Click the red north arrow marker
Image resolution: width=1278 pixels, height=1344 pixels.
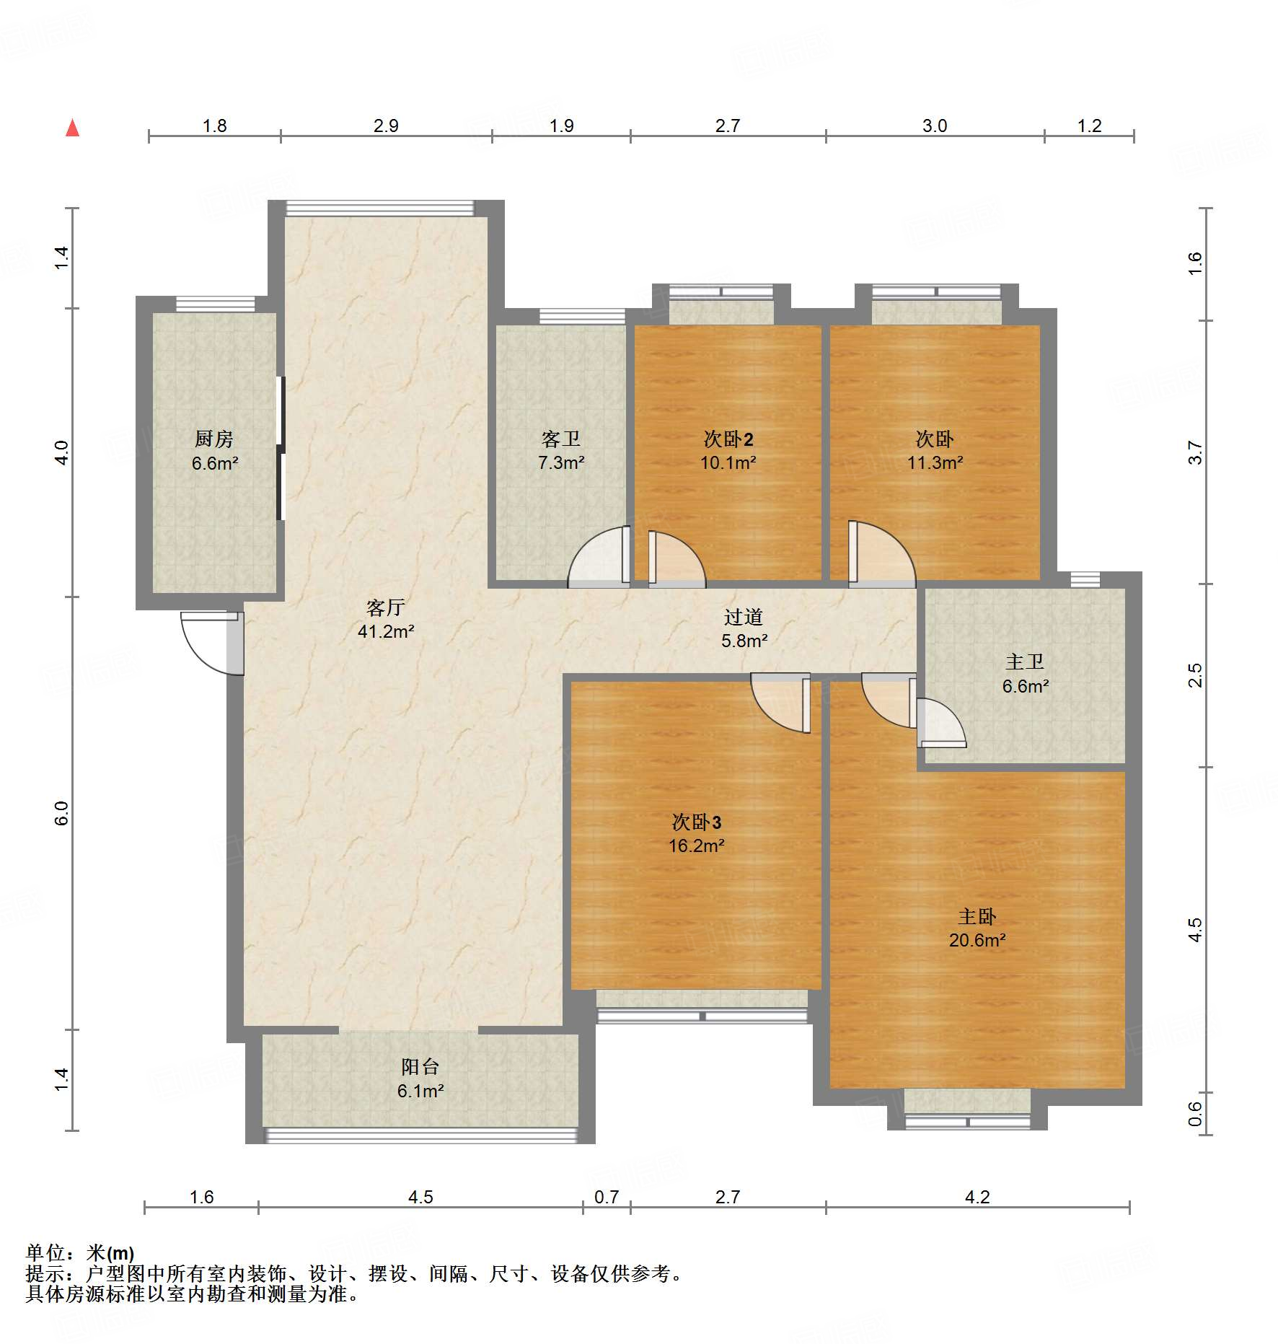point(72,128)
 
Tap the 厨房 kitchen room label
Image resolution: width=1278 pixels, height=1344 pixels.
point(214,439)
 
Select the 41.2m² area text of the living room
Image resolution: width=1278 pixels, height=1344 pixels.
point(386,632)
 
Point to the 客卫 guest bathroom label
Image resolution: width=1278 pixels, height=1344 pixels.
point(561,439)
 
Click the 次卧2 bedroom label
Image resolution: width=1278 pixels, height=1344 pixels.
point(728,439)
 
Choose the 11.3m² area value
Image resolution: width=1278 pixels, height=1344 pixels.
point(935,462)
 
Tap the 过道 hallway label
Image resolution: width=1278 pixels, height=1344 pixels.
point(744,617)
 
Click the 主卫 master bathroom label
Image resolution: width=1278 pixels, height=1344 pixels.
point(1025,662)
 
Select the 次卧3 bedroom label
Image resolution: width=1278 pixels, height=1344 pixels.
point(696,822)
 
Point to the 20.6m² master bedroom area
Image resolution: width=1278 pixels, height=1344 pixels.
point(977,940)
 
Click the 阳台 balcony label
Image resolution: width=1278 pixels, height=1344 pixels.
point(420,1067)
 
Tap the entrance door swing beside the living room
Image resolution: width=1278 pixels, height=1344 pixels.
point(212,643)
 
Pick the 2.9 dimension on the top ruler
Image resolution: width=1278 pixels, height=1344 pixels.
point(386,126)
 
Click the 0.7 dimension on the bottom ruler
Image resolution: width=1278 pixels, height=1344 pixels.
point(607,1197)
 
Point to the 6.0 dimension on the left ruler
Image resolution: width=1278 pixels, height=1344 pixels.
point(62,813)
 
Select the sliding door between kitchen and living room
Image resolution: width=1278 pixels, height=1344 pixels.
point(281,448)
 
